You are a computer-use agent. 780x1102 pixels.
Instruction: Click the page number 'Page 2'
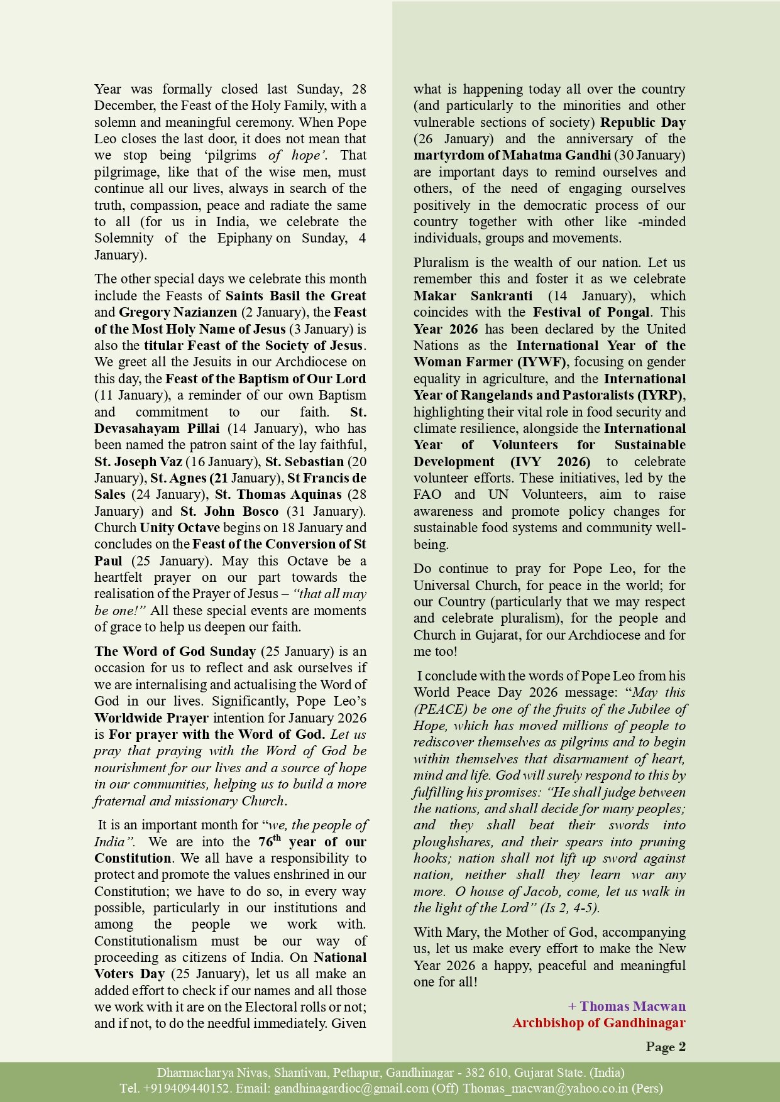tap(665, 1047)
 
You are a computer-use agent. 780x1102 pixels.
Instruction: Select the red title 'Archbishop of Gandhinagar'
tap(598, 1023)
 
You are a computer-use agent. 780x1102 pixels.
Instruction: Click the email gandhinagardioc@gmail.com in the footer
tap(351, 1088)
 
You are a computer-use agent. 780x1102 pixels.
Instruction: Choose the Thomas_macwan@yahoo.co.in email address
tap(546, 1088)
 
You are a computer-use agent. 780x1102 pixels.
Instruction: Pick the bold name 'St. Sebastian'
tap(304, 462)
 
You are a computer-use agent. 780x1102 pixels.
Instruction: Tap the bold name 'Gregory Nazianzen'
tap(178, 312)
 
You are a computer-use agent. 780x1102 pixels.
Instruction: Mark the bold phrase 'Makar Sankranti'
tap(473, 296)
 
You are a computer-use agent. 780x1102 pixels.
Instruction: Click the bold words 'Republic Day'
tap(642, 123)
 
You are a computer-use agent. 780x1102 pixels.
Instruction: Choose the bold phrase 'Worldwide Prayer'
tap(151, 718)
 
